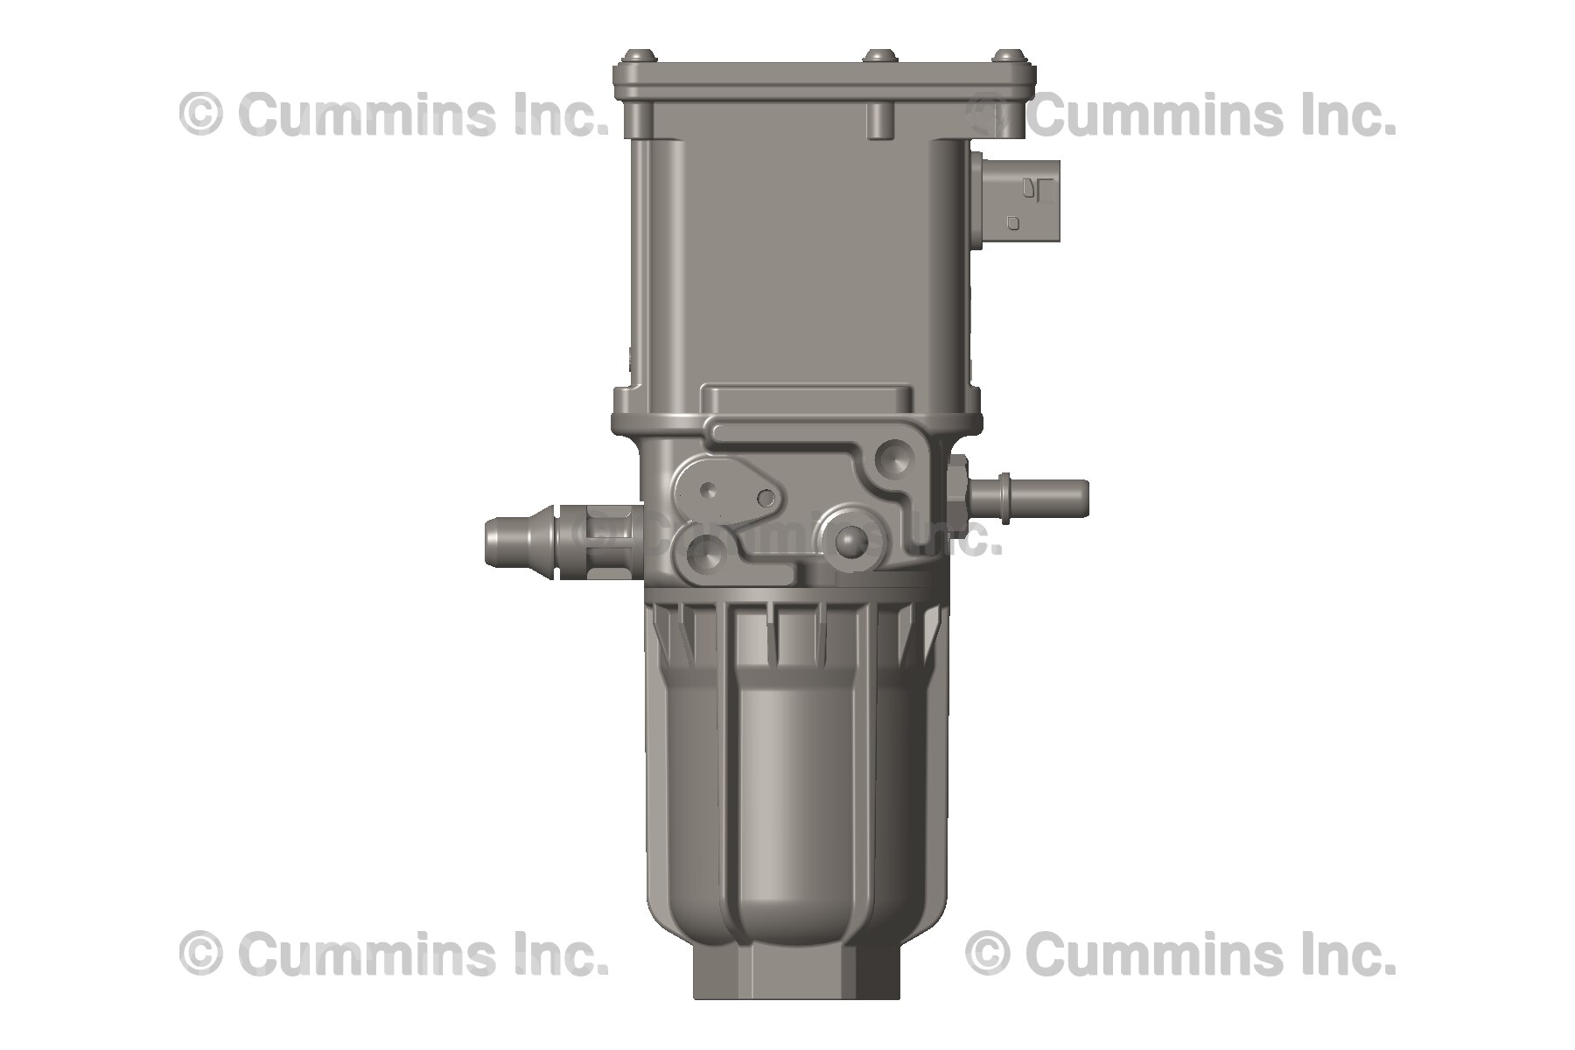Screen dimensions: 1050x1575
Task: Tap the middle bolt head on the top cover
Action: [x=876, y=57]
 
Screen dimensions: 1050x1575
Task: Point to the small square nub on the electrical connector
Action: [x=1013, y=222]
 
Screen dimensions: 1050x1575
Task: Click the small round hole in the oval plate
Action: [x=766, y=499]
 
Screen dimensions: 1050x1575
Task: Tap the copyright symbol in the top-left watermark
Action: [x=200, y=115]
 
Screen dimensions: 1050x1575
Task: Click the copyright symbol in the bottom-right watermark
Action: [x=988, y=954]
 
